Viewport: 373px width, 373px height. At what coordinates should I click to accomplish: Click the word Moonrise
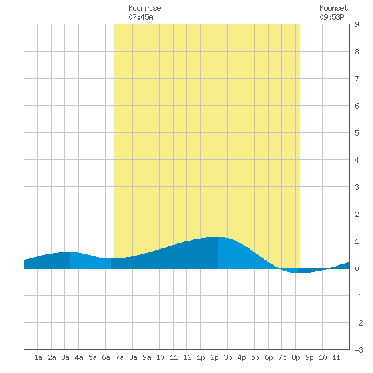(144, 8)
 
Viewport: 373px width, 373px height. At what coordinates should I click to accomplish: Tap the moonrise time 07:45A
(140, 17)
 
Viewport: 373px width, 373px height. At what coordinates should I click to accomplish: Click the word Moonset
(334, 8)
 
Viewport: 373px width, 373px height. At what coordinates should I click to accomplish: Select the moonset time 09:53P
(332, 17)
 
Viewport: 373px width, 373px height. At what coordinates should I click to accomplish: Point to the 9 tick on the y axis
(357, 24)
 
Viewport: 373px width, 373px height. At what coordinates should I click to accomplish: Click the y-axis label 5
(357, 133)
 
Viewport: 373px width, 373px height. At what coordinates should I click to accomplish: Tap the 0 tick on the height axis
(357, 269)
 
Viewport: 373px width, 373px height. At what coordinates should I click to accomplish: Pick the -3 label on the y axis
(359, 350)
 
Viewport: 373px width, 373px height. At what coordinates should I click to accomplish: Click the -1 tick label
(359, 296)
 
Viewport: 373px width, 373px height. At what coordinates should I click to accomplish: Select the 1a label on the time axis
(38, 357)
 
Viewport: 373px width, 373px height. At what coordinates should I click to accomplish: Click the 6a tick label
(106, 357)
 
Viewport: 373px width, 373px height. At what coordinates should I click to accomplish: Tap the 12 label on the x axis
(187, 357)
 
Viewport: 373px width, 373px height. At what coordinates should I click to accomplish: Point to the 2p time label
(214, 358)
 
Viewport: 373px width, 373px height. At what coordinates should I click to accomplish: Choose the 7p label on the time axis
(282, 358)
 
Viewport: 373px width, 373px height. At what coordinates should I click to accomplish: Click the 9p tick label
(309, 358)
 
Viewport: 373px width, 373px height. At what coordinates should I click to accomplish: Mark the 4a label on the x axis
(79, 357)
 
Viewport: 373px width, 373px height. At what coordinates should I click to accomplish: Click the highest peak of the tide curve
(218, 237)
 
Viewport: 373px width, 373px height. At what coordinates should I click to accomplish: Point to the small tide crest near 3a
(70, 252)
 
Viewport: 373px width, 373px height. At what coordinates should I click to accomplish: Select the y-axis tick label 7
(357, 79)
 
